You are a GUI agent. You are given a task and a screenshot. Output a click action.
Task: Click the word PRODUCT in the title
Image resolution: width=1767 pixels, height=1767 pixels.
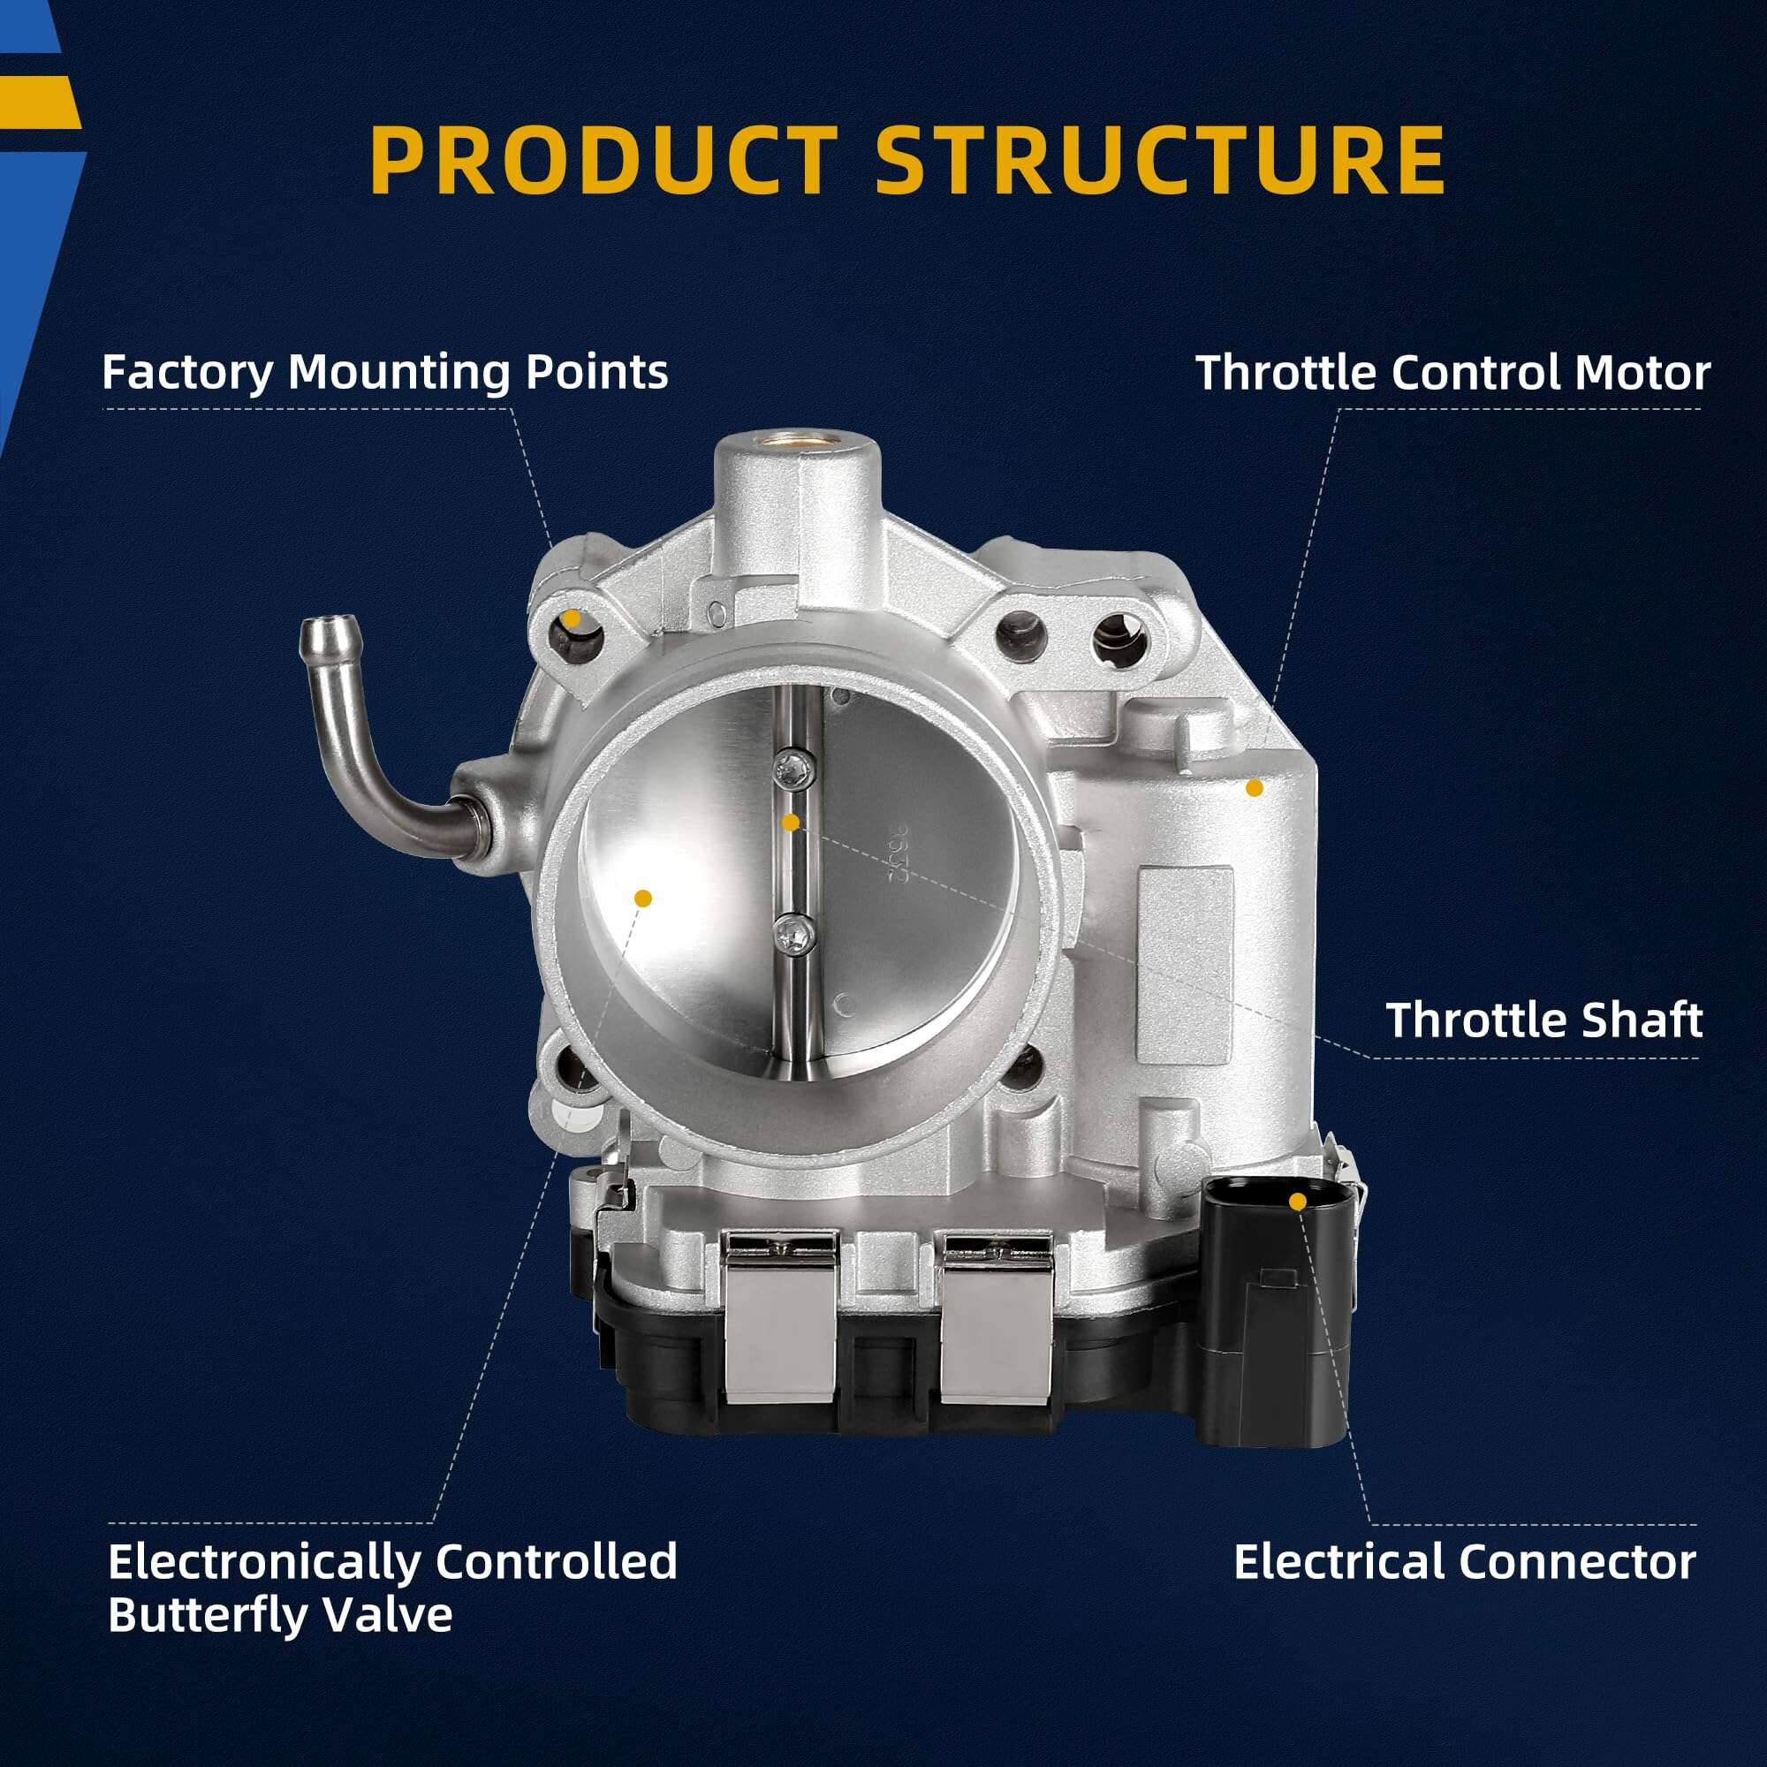click(x=603, y=159)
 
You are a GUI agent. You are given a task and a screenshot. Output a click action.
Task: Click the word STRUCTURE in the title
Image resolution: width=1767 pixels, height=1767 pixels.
click(x=1160, y=159)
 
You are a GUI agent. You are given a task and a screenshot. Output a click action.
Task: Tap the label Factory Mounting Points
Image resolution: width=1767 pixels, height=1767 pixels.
click(x=385, y=372)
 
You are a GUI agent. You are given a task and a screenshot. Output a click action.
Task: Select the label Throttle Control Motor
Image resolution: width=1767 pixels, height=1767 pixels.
click(x=1452, y=373)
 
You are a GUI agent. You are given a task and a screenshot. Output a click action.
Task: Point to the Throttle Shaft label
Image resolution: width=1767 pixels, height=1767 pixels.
click(x=1543, y=1020)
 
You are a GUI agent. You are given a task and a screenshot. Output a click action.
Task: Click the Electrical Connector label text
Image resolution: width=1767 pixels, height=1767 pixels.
click(x=1464, y=1562)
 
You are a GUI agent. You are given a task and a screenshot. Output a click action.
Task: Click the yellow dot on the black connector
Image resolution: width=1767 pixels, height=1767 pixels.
click(x=1297, y=1201)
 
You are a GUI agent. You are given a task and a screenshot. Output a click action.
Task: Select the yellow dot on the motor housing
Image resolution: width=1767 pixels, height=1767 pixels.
click(x=1255, y=787)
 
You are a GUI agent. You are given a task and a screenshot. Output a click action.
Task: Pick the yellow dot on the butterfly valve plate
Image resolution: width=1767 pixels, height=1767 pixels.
click(x=643, y=898)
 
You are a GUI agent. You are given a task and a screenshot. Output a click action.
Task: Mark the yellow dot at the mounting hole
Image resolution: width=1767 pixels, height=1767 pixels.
click(x=572, y=618)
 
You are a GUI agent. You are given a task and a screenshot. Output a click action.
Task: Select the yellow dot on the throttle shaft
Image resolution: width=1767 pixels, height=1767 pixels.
click(x=791, y=823)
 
